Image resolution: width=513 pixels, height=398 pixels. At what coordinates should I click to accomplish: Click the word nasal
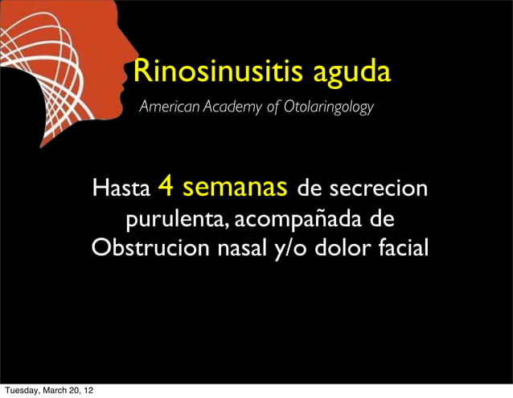pyautogui.click(x=237, y=247)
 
